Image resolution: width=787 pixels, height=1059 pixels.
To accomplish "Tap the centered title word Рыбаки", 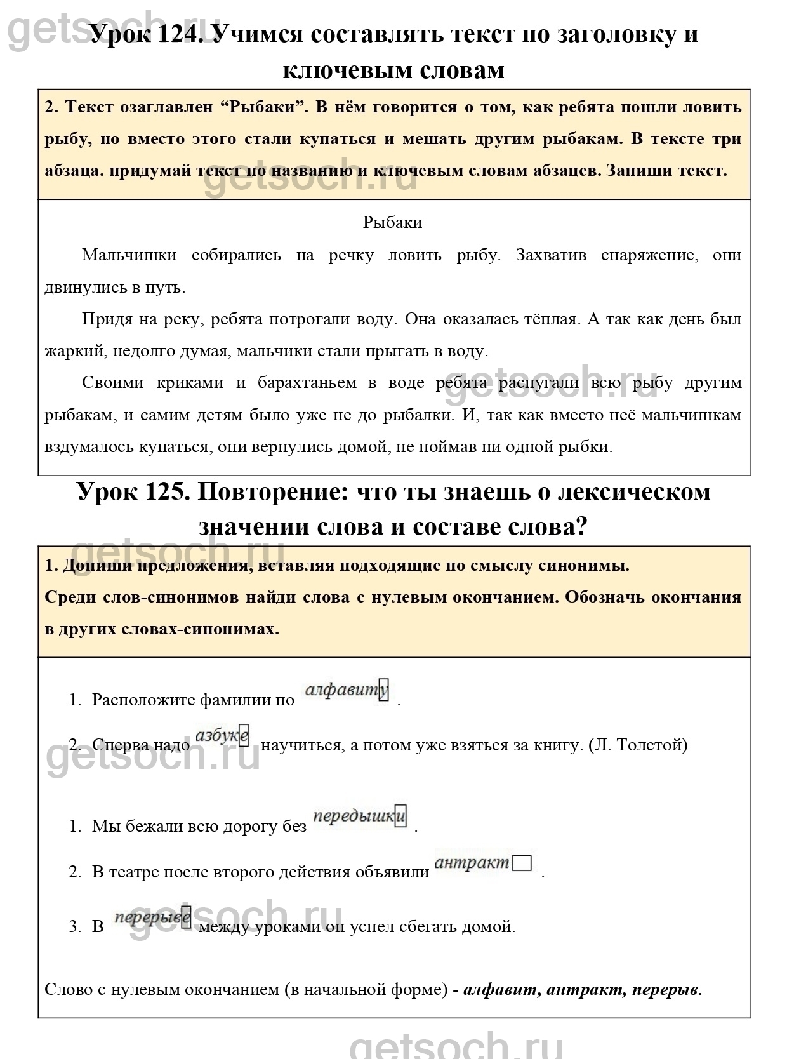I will click(x=393, y=222).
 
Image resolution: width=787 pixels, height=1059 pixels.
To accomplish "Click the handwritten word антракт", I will click(x=473, y=863).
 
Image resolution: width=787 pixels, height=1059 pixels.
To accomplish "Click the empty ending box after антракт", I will click(x=522, y=864).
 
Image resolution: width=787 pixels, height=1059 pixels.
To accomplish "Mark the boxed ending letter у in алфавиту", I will click(x=383, y=690).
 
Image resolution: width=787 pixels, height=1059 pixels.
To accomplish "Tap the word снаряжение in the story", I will click(x=647, y=255).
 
